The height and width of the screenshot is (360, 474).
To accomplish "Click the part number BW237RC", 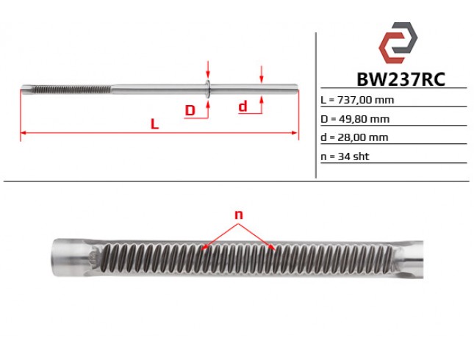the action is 401,80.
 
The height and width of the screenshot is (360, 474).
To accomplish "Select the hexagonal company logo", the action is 398,43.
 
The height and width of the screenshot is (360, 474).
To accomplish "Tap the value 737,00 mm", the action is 365,100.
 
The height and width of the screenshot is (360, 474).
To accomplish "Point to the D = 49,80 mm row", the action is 355,119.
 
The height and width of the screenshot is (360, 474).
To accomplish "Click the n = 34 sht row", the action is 345,156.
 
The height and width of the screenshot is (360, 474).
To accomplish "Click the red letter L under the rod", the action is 154,124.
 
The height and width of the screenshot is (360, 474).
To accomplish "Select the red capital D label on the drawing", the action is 190,110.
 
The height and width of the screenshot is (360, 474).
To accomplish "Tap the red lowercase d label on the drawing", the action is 243,107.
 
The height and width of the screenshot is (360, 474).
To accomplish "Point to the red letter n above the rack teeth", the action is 239,215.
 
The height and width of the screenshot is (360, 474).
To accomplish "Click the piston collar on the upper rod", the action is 208,89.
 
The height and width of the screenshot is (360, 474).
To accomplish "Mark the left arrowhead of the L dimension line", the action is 23,133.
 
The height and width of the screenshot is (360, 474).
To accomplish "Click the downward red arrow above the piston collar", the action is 208,69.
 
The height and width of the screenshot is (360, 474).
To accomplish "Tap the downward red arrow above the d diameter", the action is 262,74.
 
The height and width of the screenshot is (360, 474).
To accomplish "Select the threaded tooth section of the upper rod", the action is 71,90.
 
